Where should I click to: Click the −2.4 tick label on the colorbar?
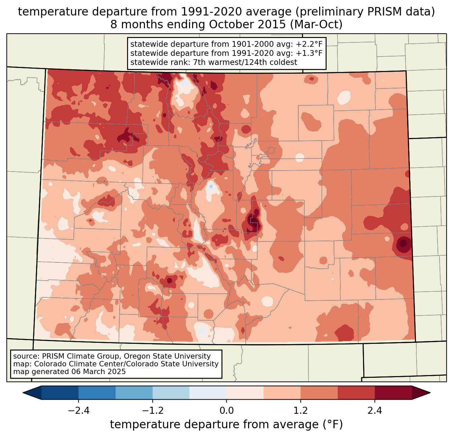coord(79,411)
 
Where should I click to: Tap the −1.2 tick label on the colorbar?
coord(152,411)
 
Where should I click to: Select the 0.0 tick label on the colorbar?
coord(227,411)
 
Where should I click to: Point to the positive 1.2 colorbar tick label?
coord(301,411)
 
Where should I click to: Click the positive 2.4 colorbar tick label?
coord(374,411)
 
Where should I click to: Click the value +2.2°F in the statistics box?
coord(309,44)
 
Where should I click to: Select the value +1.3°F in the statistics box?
coord(309,53)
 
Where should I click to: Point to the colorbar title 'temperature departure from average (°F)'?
coord(227,425)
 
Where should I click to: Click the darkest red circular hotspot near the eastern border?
coord(403,243)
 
